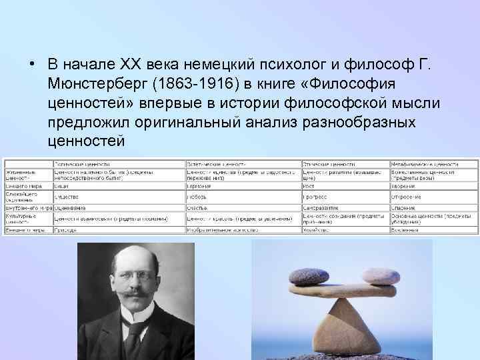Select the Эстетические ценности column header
[x=216, y=163]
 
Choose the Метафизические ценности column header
[x=424, y=163]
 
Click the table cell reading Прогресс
[x=315, y=197]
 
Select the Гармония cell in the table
[x=201, y=187]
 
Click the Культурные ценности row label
[x=20, y=219]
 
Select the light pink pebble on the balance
[x=380, y=276]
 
